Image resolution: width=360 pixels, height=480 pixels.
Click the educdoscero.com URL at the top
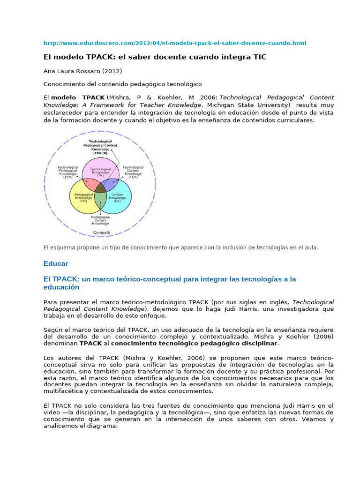174,43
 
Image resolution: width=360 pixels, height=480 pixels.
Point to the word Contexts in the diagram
101,232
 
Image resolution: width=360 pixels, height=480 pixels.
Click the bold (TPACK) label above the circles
100,153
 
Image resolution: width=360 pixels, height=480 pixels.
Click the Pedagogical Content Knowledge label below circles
100,220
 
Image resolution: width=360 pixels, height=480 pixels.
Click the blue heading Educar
56,263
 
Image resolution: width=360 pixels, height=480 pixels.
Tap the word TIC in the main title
259,57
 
